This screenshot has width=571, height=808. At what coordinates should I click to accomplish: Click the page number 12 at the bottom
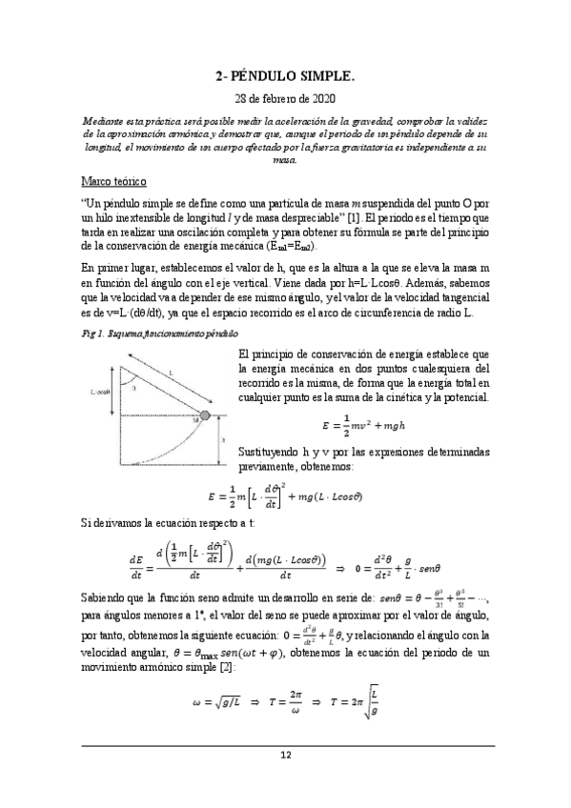tap(284, 755)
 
